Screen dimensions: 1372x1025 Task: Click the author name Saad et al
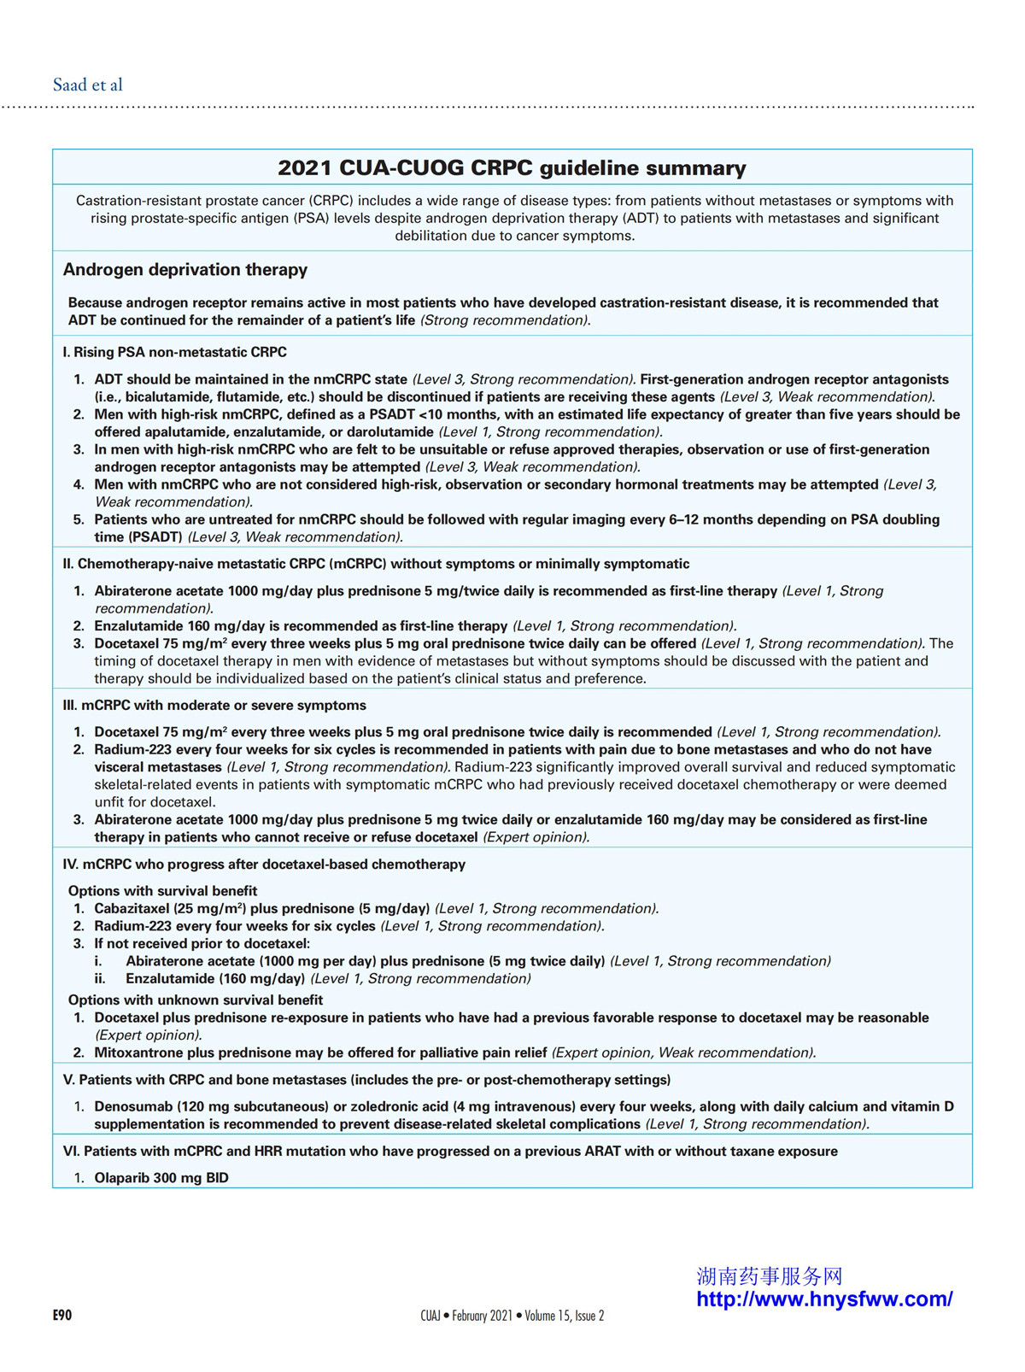(x=87, y=85)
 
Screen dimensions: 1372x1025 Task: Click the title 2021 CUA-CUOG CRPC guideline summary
(x=512, y=167)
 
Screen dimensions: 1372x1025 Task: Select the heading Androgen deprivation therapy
(x=184, y=270)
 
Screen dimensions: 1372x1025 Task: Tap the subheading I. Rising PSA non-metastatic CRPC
(x=174, y=352)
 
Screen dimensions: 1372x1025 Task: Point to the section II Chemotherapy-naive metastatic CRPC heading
(x=376, y=564)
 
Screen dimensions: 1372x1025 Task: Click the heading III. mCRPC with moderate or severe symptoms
(x=214, y=706)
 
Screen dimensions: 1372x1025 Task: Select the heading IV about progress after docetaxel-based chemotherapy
(x=264, y=865)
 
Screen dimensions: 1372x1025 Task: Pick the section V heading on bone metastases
(x=366, y=1080)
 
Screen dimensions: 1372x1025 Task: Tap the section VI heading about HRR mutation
(x=450, y=1152)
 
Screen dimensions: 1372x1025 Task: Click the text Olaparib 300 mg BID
(x=161, y=1178)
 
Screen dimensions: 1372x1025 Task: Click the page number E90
(x=62, y=1316)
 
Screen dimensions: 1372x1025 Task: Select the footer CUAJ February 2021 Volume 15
(x=512, y=1316)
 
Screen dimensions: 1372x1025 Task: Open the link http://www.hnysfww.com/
(x=824, y=1299)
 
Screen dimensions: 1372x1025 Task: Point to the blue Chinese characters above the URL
(x=770, y=1276)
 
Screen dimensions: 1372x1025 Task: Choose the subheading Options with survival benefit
(x=162, y=891)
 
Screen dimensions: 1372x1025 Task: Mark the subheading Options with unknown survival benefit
(x=196, y=1000)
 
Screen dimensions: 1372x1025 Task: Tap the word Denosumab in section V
(x=132, y=1107)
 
